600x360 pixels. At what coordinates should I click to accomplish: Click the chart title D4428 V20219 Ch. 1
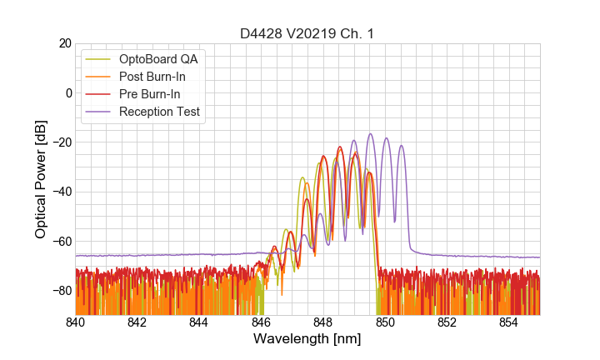click(x=307, y=33)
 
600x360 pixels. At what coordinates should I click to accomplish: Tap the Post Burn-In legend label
click(x=163, y=77)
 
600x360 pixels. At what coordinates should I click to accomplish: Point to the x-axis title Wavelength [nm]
click(x=307, y=340)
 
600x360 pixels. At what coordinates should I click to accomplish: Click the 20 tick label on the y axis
click(x=62, y=43)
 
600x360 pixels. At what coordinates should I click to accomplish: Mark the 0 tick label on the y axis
click(x=67, y=92)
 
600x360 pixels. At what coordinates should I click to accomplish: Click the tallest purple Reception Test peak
click(x=370, y=134)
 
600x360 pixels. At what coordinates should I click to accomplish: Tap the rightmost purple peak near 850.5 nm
click(x=401, y=147)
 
